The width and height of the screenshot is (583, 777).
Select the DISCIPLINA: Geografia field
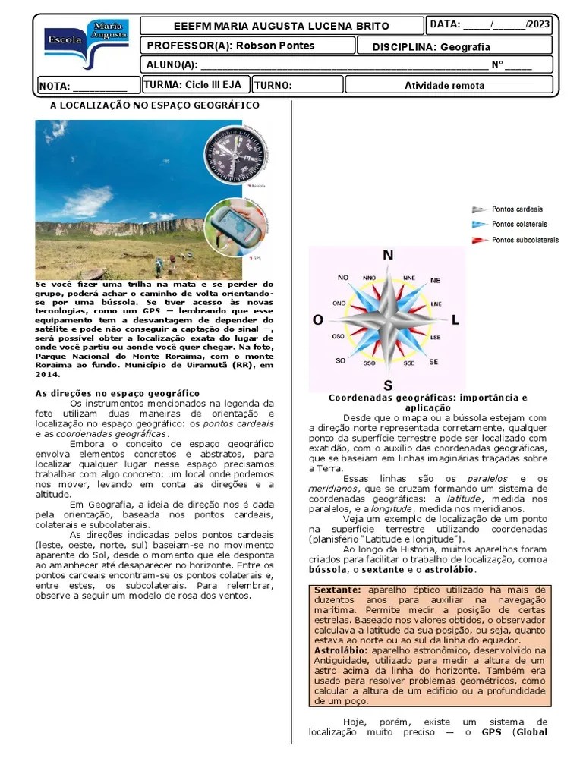click(431, 46)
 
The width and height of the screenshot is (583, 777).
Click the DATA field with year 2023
click(490, 25)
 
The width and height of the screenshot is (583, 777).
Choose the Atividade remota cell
click(444, 86)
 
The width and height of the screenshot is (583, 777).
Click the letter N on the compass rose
click(388, 256)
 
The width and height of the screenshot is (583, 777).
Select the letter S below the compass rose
click(388, 384)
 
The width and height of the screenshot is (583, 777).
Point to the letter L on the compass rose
click(455, 321)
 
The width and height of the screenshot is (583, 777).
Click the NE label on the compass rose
click(435, 280)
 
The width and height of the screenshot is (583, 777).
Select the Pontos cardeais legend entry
click(507, 209)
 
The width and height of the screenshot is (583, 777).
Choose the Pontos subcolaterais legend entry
click(515, 240)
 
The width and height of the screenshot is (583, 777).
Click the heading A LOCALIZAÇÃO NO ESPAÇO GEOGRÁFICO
click(155, 105)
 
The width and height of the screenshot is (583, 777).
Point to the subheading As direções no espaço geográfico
click(118, 393)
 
